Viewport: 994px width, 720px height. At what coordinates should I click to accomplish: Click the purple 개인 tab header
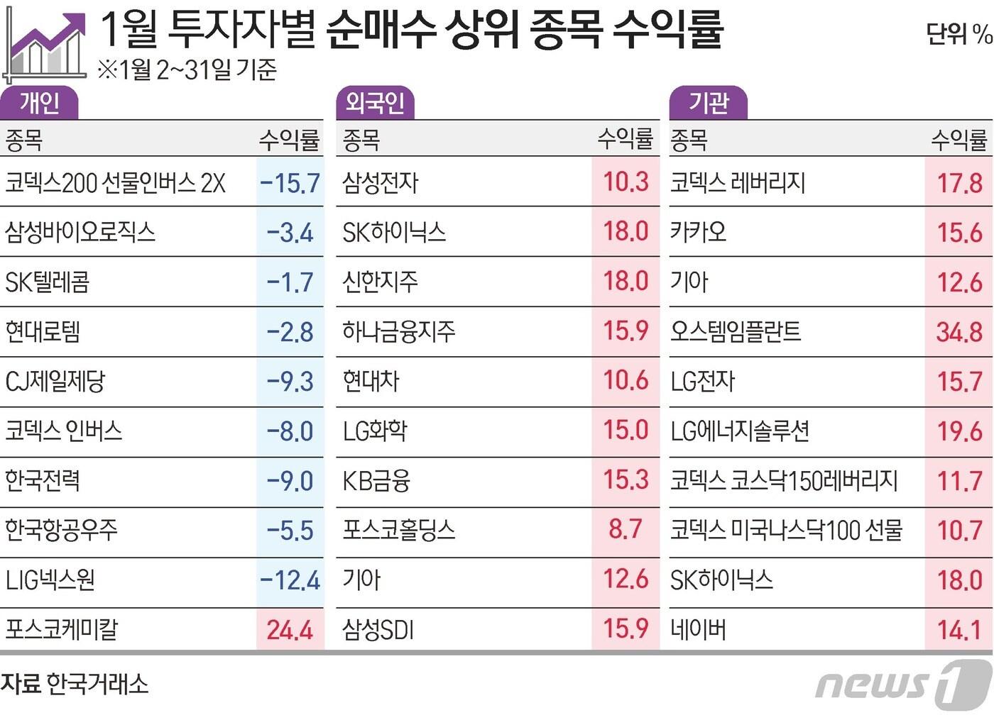click(x=39, y=104)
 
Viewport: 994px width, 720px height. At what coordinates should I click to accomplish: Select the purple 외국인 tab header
click(x=374, y=104)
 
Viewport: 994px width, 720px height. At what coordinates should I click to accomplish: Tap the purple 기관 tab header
click(x=708, y=104)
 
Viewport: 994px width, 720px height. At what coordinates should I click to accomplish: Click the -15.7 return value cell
click(x=290, y=183)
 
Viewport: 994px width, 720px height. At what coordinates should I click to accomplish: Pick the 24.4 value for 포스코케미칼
click(x=290, y=630)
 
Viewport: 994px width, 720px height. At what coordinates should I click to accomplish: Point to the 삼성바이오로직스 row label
click(x=80, y=233)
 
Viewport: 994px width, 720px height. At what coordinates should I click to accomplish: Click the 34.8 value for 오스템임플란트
click(x=959, y=332)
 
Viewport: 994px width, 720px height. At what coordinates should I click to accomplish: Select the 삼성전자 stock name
click(x=381, y=183)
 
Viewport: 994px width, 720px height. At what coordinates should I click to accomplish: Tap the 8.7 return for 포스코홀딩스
click(x=625, y=529)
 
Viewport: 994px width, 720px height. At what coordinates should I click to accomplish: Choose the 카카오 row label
click(x=699, y=233)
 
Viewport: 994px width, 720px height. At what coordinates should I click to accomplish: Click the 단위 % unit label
click(x=958, y=33)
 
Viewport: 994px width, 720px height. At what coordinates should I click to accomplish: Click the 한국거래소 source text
click(x=97, y=684)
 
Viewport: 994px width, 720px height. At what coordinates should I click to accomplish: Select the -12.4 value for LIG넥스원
click(x=290, y=580)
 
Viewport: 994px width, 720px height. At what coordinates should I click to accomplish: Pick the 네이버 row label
click(x=699, y=630)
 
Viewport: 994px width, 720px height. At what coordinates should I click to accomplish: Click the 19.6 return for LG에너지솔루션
click(x=959, y=431)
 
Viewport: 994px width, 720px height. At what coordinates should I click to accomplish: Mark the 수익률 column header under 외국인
click(x=625, y=139)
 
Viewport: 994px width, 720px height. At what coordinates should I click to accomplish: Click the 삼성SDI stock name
click(x=378, y=630)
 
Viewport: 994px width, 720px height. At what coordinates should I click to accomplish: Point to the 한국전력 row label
click(x=43, y=481)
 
